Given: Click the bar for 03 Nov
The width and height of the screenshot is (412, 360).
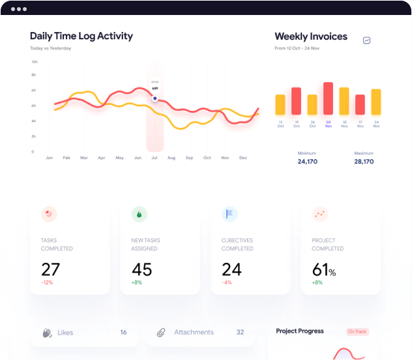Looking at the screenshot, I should tap(328, 98).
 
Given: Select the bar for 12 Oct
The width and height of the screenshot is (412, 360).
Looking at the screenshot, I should tap(280, 104).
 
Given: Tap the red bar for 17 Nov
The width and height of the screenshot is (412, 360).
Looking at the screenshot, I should tap(360, 104).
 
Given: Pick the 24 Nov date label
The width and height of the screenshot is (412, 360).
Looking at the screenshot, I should tap(376, 124).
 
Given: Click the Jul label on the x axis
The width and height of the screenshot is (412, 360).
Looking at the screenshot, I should tap(154, 158).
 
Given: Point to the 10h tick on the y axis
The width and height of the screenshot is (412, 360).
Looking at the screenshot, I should tap(33, 62).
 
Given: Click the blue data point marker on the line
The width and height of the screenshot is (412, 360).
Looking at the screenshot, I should tap(155, 99).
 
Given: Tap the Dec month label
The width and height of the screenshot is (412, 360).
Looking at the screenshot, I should tap(243, 158).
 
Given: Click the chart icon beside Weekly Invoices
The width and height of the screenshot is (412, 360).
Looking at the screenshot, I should tap(367, 40).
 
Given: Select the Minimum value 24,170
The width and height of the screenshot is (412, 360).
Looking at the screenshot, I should tap(308, 161).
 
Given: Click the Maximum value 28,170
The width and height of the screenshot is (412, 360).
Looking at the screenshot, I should tap(364, 161).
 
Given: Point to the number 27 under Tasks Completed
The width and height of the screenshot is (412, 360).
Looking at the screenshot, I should tap(50, 269).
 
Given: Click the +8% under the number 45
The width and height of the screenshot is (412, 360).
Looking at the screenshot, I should tap(136, 282).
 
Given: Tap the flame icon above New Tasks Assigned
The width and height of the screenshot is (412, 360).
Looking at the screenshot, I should tap(138, 214).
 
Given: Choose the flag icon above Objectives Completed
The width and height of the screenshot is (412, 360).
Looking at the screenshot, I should tap(229, 214).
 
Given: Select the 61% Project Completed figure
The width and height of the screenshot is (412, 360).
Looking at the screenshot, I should tap(324, 269).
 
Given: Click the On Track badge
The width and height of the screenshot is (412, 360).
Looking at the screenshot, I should tap(357, 331).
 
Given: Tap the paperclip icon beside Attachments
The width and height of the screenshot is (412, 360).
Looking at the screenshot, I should tap(161, 333).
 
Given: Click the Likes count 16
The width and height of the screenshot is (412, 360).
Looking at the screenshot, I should tap(123, 332).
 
